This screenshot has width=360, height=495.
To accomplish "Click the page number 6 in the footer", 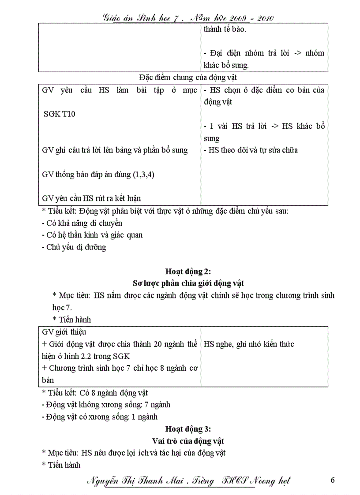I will (333, 480).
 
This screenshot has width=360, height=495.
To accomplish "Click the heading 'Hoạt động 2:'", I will (188, 271).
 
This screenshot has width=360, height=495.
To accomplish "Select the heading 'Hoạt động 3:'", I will (188, 428).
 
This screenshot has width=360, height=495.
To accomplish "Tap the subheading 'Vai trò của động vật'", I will (188, 441).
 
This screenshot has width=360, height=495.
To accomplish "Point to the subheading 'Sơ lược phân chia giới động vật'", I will (188, 283).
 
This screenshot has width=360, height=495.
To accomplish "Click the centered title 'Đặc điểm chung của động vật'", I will (188, 78).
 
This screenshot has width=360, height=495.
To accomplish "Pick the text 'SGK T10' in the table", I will (60, 114).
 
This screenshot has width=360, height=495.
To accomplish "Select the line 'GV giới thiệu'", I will (64, 332).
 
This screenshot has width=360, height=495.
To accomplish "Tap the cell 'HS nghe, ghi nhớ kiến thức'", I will (249, 344).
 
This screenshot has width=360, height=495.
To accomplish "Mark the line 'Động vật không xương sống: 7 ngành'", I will (108, 404).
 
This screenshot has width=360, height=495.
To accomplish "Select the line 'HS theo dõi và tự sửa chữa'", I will (251, 150).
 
